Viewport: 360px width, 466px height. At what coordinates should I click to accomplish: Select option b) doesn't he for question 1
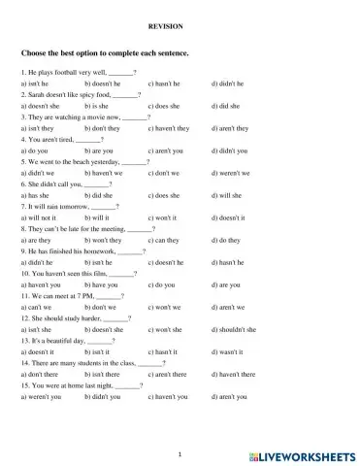[105, 84]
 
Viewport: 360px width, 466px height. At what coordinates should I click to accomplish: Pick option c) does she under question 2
[165, 105]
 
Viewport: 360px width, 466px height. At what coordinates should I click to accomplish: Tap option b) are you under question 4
[99, 150]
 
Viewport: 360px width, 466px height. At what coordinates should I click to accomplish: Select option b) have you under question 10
[102, 284]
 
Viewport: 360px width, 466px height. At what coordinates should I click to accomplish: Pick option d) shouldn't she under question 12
[234, 329]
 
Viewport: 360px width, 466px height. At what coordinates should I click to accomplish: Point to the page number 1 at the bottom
[180, 452]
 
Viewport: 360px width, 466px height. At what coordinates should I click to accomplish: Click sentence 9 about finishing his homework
[82, 250]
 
